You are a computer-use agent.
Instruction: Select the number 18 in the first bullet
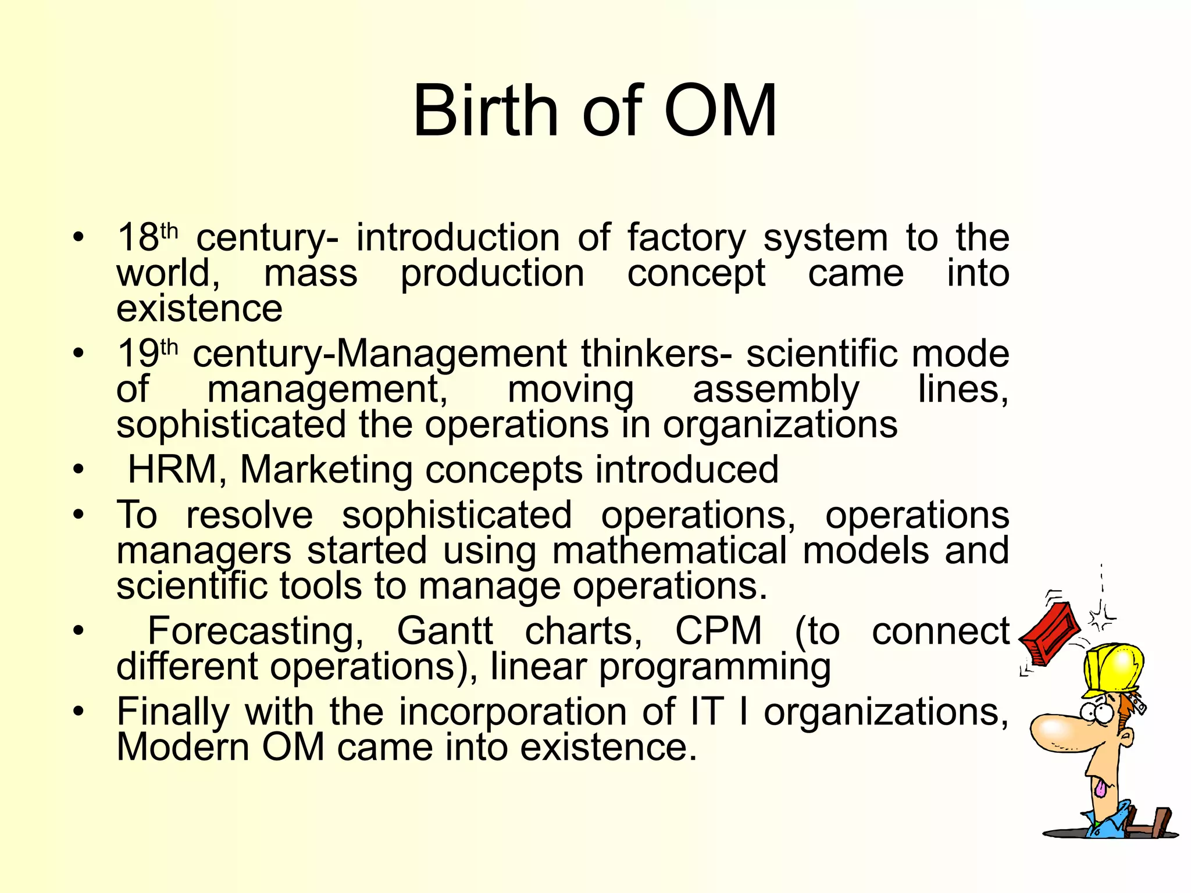137,238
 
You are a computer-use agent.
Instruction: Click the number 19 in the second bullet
137,353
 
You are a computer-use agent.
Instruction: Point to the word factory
686,238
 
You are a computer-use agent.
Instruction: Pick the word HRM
172,469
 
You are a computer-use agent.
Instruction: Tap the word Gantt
445,631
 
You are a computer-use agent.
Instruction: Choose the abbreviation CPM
718,631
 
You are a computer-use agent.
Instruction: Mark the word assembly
776,389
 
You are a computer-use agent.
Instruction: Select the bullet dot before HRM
79,469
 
